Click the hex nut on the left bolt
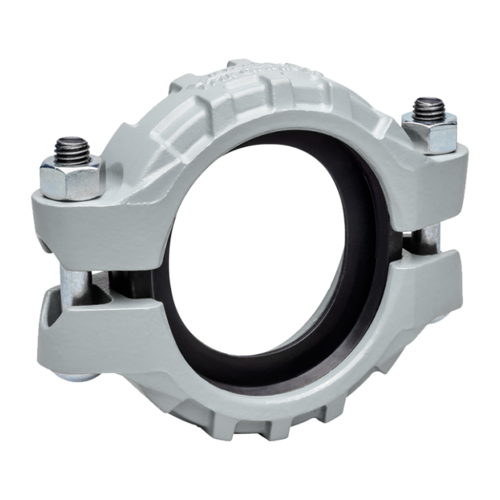pyautogui.click(x=70, y=177)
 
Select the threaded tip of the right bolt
pyautogui.click(x=430, y=107)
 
